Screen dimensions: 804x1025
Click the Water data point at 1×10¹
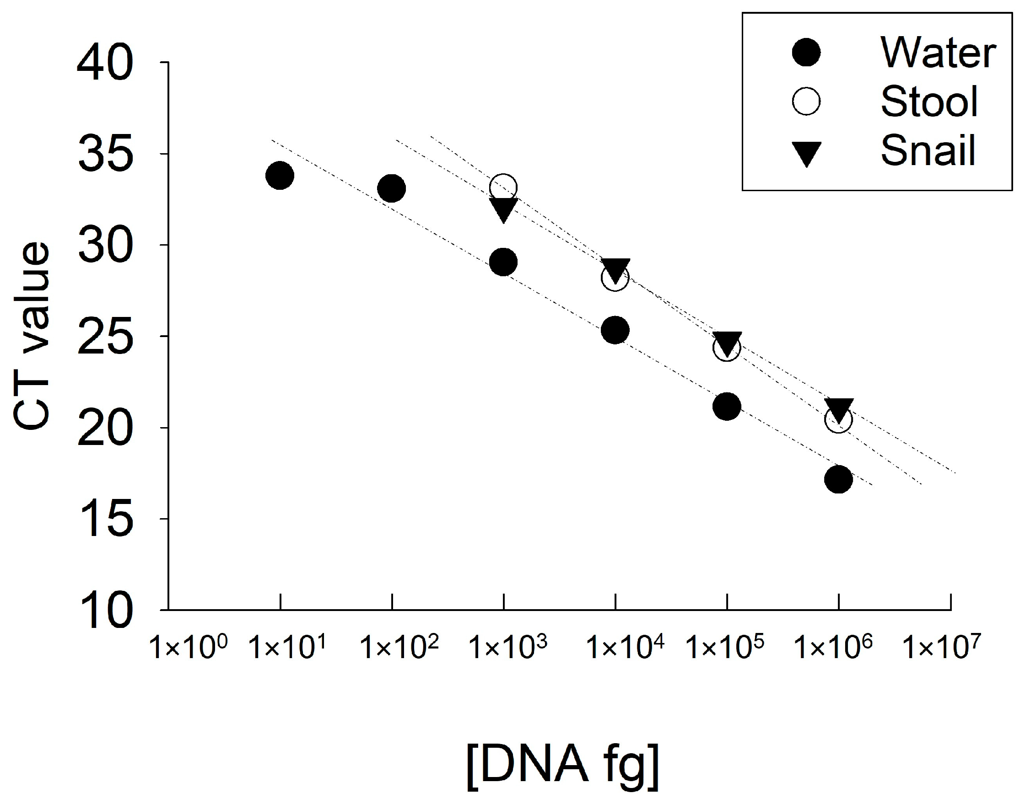[280, 176]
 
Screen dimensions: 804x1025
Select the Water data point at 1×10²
[391, 188]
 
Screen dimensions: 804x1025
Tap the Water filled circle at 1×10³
[503, 262]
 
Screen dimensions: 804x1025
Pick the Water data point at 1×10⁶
[838, 479]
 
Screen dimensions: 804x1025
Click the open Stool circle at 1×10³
[503, 188]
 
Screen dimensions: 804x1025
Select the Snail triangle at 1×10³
[503, 209]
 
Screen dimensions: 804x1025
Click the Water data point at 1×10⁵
[727, 406]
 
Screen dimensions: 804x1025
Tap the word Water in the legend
[938, 53]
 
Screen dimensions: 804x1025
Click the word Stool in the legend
[929, 102]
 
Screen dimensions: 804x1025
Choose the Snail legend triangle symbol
[806, 154]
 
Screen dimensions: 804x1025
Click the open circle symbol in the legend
[806, 102]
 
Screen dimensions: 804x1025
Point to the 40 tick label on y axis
[105, 63]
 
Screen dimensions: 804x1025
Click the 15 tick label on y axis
[105, 519]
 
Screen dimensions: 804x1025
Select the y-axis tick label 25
[105, 337]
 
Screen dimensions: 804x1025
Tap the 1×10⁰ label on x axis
[189, 647]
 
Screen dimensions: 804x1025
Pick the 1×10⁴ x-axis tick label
[624, 647]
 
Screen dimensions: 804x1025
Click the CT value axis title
[32, 335]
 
